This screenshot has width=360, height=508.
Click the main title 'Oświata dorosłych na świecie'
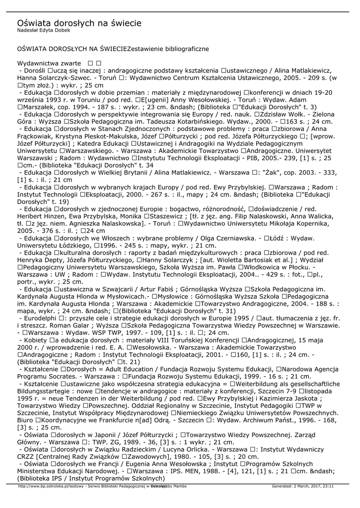pos(79,23)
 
